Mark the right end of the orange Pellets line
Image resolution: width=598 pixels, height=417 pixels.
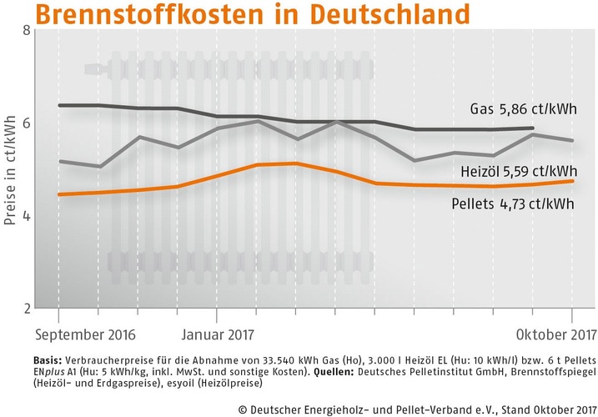click(x=573, y=181)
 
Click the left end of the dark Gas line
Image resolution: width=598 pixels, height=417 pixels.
click(x=58, y=105)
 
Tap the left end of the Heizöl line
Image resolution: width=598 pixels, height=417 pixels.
click(x=58, y=161)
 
